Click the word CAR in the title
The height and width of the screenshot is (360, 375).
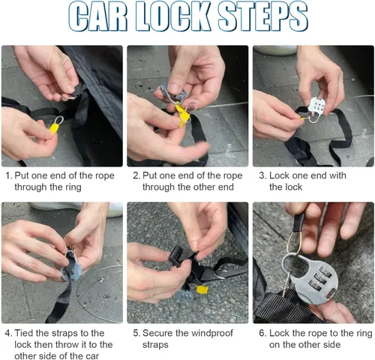[x=97, y=16]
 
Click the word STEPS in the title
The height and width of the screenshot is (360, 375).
[x=262, y=16]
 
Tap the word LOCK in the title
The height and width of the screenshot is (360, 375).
[x=172, y=16]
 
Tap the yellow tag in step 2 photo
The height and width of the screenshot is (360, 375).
[x=182, y=115]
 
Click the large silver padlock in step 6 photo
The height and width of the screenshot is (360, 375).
[x=310, y=278]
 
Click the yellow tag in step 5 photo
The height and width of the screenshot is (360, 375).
[x=202, y=289]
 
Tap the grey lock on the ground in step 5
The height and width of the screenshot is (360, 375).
[x=184, y=295]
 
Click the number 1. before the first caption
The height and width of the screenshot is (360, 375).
[x=9, y=175]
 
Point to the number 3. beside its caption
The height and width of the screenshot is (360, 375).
[x=263, y=175]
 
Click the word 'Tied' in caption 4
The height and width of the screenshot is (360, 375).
[x=24, y=333]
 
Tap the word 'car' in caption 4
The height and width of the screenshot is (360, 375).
[x=92, y=356]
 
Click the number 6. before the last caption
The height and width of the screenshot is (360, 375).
[x=263, y=333]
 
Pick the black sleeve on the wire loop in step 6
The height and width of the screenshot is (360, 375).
[x=299, y=223]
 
